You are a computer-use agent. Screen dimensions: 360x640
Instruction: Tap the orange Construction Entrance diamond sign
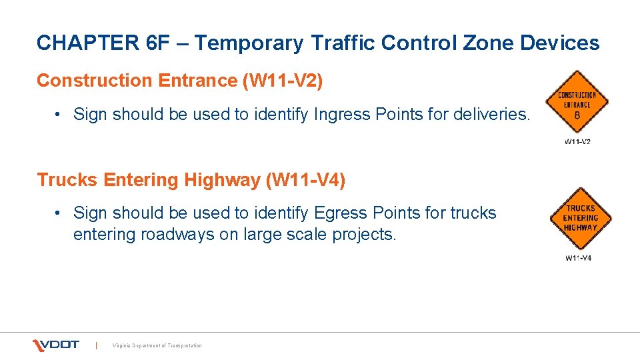[577, 103]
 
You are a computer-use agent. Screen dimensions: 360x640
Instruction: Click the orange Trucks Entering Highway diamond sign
[580, 219]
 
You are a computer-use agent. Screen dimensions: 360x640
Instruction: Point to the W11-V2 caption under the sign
[577, 141]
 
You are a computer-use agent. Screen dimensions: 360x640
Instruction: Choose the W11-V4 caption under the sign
[578, 258]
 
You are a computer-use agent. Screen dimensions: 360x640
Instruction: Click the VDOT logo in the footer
[56, 345]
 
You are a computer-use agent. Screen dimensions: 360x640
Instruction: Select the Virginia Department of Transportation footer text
[157, 345]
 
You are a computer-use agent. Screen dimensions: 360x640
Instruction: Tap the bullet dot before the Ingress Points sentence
[59, 115]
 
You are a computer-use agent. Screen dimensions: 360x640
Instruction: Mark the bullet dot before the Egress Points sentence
[59, 213]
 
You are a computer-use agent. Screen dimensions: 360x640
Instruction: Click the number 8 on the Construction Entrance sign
[577, 115]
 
